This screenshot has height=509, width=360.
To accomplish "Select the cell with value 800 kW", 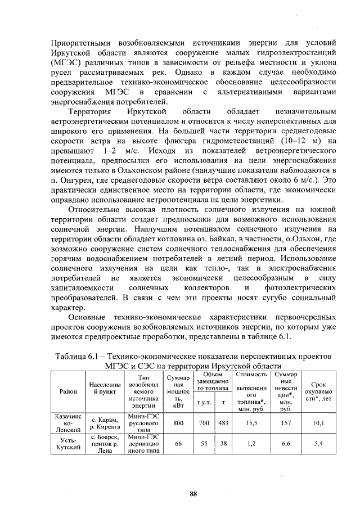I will (178, 422).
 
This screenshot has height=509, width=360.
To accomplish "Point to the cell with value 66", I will (178, 443).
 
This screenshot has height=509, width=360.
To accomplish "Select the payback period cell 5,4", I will (318, 443).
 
